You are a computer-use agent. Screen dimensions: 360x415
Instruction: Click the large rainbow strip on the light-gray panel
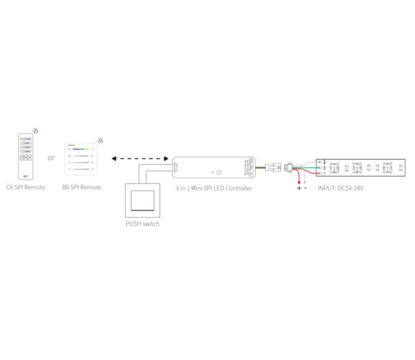[x=81, y=151]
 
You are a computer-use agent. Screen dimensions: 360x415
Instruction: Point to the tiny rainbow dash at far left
[x=25, y=139]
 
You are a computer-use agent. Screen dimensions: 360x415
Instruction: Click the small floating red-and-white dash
[x=260, y=167]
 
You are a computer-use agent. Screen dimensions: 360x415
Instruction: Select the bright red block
[x=298, y=178]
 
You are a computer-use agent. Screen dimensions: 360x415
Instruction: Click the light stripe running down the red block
[x=304, y=178]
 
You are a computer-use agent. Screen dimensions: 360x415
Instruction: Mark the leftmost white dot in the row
[x=347, y=168]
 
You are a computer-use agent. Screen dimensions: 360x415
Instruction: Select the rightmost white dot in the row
[x=401, y=168]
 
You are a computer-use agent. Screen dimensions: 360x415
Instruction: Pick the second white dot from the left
[x=369, y=168]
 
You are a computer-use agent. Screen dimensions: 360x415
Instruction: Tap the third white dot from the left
[x=377, y=168]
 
